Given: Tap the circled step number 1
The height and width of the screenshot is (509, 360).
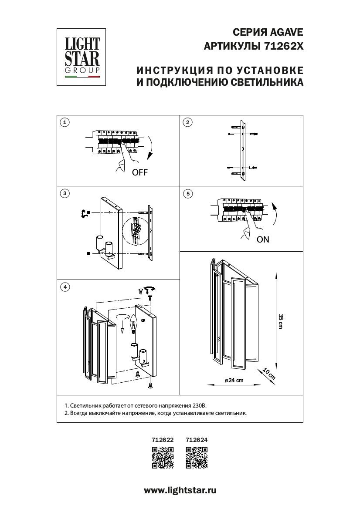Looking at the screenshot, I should coord(65,122).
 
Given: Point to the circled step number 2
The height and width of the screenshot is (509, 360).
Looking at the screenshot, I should coord(188,122).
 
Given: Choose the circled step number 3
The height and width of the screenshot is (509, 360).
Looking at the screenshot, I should coord(65,193).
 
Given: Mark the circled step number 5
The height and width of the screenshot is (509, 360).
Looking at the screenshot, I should coord(188,193).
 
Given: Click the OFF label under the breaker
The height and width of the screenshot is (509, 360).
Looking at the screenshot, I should coord(140,172).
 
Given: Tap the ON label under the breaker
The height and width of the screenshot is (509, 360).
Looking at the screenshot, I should coord(263,239).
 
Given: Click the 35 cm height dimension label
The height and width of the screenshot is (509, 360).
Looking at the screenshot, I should coord(281,321).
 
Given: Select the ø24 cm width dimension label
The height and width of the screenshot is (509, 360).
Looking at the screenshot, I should coord(234,380).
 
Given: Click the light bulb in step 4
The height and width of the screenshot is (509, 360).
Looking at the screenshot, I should coord(134,324).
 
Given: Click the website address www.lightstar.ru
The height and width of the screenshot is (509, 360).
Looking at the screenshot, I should coord(180,490).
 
